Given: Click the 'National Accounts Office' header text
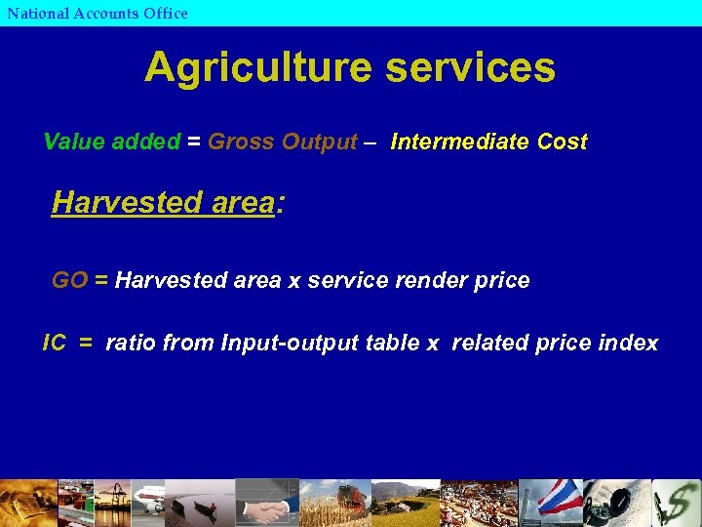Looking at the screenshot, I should tap(97, 14).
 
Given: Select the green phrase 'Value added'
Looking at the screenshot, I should tap(112, 142).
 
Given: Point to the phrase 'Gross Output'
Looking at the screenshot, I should tap(283, 142).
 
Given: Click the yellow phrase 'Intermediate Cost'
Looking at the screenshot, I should tap(488, 142).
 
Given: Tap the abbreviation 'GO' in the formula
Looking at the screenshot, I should tap(69, 281).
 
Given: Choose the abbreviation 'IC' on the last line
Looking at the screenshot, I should tap(55, 344).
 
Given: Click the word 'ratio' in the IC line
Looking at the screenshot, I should tap(131, 344).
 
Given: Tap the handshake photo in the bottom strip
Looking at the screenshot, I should tap(264, 507).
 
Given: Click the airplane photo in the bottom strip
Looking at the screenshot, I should tap(148, 503).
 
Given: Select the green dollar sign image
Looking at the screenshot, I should tap(677, 504).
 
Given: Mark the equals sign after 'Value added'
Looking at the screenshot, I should tap(194, 142).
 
